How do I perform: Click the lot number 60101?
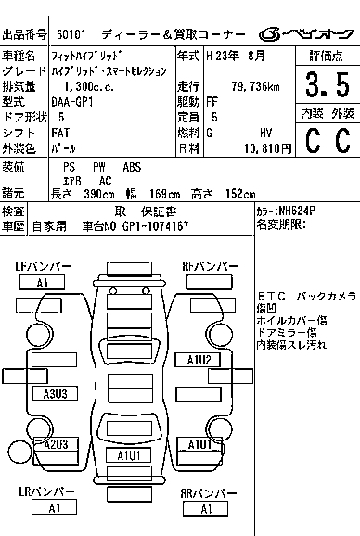pos(71,34)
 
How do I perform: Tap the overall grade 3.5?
pos(328,84)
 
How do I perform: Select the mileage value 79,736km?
pos(255,86)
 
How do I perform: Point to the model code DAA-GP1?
pos(72,102)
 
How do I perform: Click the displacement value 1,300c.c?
pos(89,86)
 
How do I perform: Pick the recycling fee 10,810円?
pos(268,148)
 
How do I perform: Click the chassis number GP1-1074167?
pos(155,226)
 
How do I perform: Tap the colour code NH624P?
pos(296,211)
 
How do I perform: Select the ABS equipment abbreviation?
pos(132,167)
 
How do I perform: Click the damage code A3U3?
pos(55,394)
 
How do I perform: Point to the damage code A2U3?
pos(56,444)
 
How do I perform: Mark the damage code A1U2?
pos(198,360)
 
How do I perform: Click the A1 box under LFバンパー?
pos(42,283)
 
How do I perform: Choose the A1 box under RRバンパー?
pos(205,509)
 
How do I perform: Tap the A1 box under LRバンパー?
pos(54,507)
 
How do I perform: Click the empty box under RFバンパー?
pos(210,282)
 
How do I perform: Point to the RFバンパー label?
pos(210,266)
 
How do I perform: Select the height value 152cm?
pos(240,194)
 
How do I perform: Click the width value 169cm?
pos(164,194)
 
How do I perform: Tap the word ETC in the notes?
pos(272,297)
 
